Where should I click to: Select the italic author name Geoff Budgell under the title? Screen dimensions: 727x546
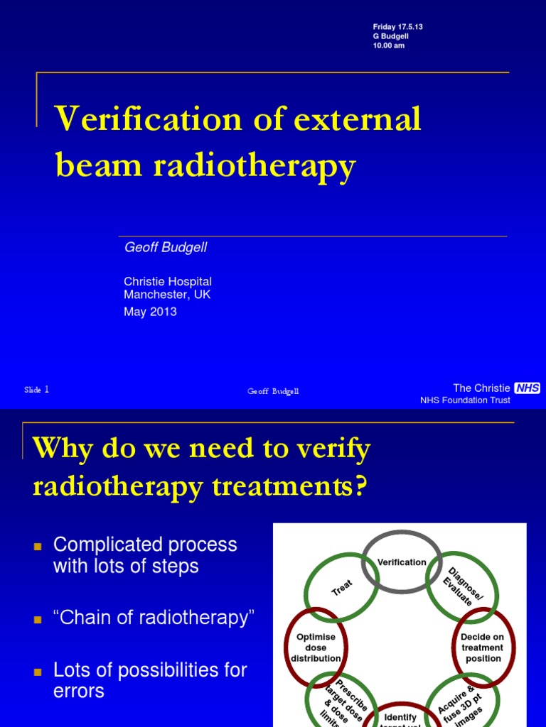coord(166,247)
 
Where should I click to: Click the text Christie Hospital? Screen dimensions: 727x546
coord(168,282)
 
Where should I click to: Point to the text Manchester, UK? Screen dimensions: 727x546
coord(167,294)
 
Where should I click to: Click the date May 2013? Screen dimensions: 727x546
coord(150,312)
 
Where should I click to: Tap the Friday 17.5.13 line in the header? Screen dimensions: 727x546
coord(397,26)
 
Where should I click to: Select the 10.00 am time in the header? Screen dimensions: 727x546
coord(390,46)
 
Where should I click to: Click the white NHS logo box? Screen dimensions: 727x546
coord(527,388)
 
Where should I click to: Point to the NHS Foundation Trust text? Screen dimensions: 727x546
coord(465,400)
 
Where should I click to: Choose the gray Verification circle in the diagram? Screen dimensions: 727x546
coord(402,562)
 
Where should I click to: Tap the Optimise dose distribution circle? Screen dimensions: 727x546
coord(316,647)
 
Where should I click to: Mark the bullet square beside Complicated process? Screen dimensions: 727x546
coord(38,547)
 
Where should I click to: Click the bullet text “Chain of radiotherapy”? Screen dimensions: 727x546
coord(154,618)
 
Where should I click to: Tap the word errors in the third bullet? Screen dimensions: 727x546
coord(79,691)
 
